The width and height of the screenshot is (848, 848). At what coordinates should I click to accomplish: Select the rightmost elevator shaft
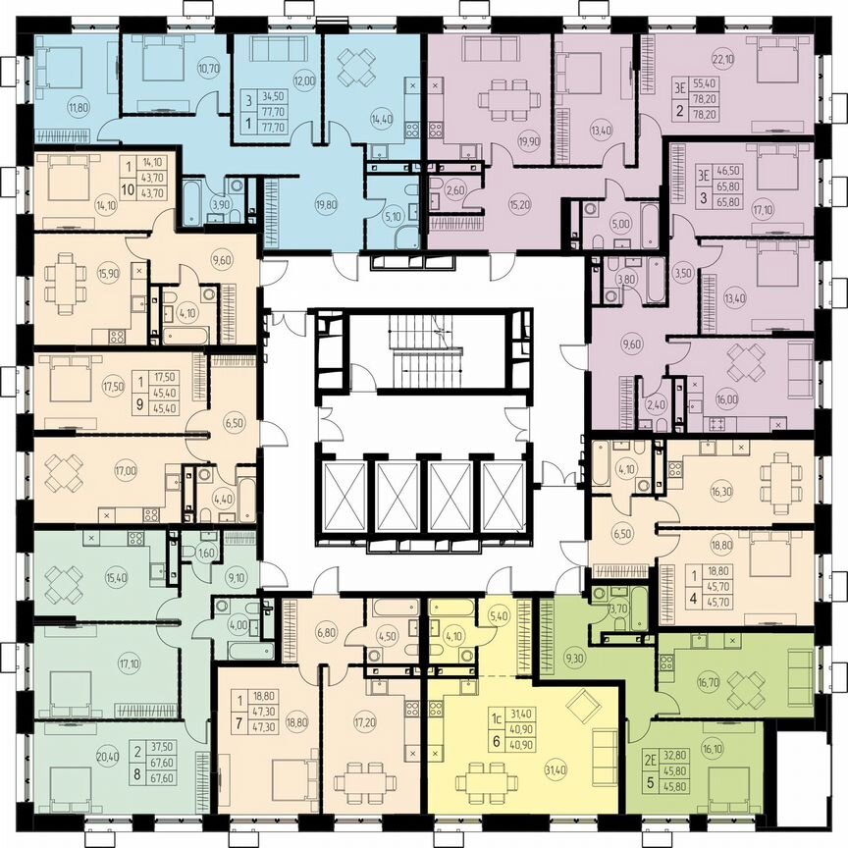505,497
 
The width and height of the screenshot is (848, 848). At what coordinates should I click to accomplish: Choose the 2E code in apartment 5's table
652,757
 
